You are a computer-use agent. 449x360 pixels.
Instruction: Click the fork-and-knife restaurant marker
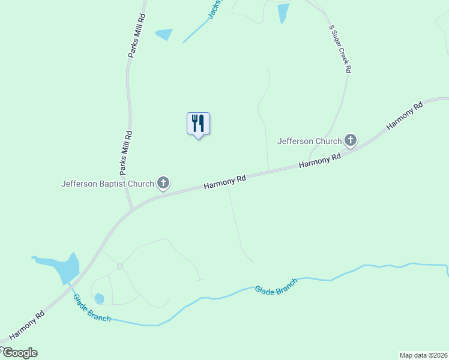click(x=198, y=124)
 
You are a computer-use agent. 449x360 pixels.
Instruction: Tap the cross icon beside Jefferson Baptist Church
click(x=163, y=183)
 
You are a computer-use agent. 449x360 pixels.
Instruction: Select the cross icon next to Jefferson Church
click(x=351, y=141)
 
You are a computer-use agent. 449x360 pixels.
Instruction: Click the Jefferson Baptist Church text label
click(x=107, y=184)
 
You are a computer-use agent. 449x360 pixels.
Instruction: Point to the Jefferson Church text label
click(x=309, y=141)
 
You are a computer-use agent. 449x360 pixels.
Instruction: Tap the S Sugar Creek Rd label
click(x=339, y=49)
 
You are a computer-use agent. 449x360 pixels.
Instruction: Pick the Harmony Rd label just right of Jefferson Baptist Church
click(x=225, y=182)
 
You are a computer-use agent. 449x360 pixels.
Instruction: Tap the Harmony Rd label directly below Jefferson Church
click(x=320, y=160)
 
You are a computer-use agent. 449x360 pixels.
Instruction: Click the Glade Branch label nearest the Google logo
click(x=92, y=308)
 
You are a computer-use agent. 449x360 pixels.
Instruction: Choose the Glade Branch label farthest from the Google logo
click(x=276, y=286)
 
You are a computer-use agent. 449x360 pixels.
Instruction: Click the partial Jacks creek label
click(x=214, y=9)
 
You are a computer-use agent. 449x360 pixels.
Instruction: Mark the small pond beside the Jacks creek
click(x=164, y=34)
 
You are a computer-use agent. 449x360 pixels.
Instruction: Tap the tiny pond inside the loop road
click(x=99, y=298)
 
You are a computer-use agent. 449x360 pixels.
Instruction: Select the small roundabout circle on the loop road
click(x=120, y=266)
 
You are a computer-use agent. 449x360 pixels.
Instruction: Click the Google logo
click(x=19, y=353)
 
